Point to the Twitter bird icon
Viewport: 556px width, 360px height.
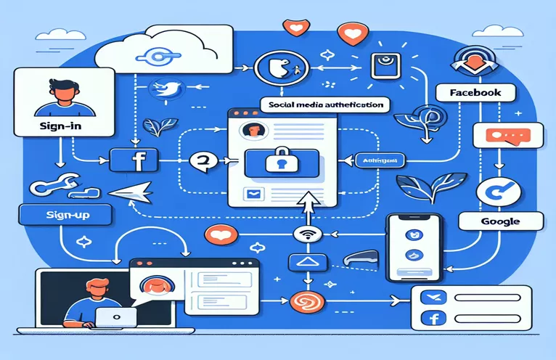pos(163,89)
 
